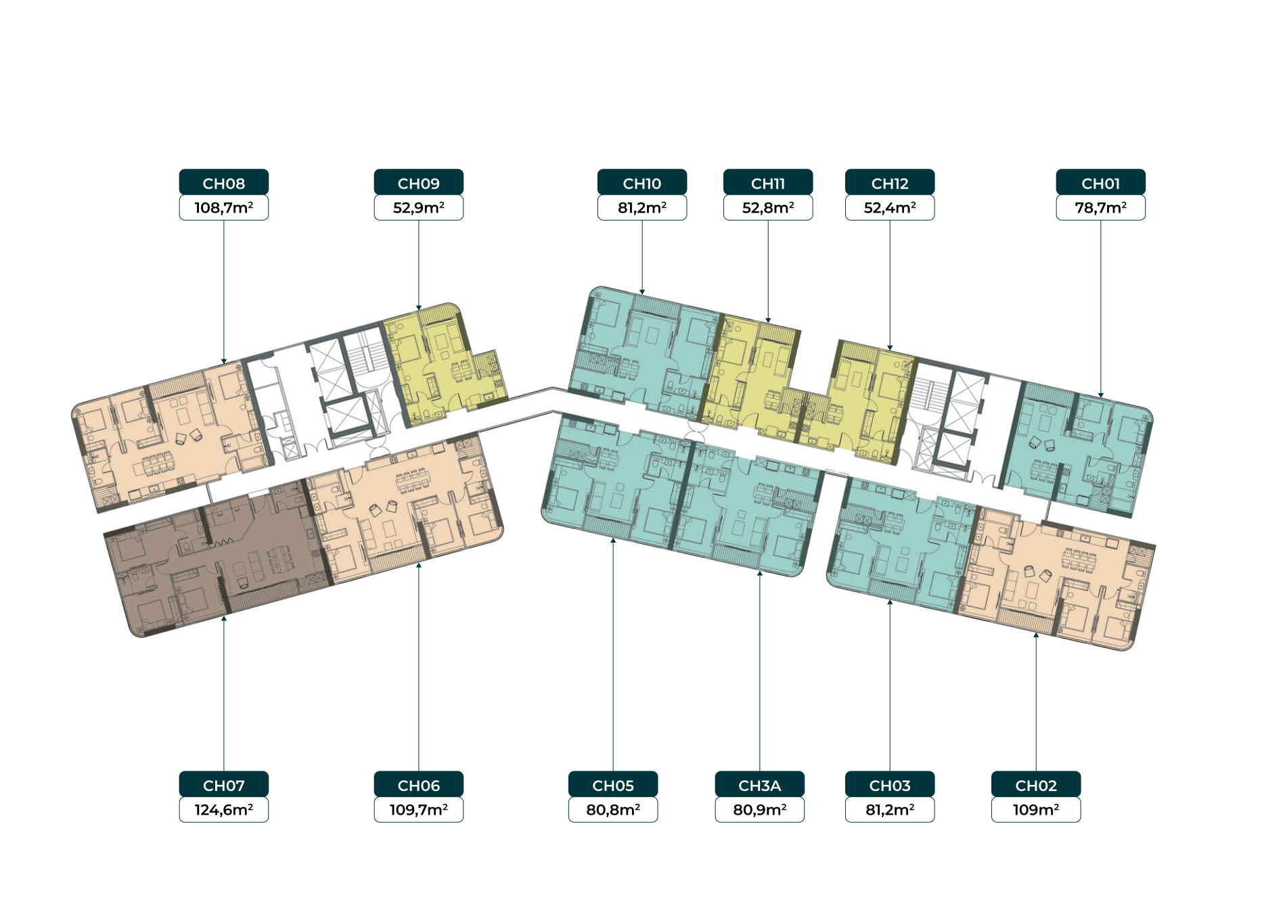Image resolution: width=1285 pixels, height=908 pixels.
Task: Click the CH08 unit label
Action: (224, 183)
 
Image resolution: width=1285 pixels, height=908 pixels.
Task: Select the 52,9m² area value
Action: (419, 208)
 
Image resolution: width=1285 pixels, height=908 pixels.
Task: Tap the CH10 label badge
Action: (642, 183)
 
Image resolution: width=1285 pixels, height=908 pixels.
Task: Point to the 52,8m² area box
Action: (768, 208)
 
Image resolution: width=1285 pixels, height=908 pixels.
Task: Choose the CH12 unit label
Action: (890, 183)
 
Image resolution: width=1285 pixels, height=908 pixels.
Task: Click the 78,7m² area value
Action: (1101, 208)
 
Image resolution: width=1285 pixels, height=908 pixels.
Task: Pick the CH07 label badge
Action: (224, 785)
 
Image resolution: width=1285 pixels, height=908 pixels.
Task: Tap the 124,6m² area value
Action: (224, 810)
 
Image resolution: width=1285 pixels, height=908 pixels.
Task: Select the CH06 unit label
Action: (419, 785)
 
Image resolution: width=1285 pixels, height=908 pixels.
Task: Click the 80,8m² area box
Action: (613, 810)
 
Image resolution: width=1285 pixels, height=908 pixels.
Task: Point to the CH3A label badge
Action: (760, 785)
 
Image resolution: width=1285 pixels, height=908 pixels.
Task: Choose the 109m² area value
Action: (1036, 810)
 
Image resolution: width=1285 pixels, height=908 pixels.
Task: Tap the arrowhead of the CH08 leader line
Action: (224, 362)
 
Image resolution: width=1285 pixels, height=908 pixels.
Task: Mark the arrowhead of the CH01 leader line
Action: (1101, 396)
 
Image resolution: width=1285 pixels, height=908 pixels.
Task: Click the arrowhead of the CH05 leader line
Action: (613, 540)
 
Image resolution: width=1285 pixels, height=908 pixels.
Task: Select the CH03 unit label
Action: (890, 785)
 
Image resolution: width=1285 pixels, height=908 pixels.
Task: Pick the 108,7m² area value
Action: (224, 208)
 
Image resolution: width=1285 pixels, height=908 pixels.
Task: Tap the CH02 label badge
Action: (1036, 785)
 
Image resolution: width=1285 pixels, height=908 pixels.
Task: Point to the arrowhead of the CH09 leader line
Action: (419, 308)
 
